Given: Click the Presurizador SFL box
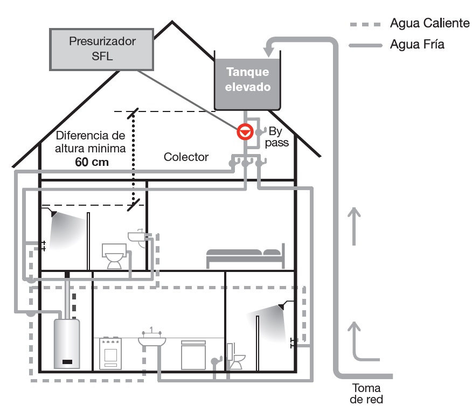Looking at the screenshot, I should pyautogui.click(x=102, y=49).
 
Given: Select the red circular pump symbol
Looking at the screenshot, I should pyautogui.click(x=245, y=131).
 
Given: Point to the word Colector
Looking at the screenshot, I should pyautogui.click(x=186, y=157).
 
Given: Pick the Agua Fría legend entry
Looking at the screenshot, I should pyautogui.click(x=417, y=45).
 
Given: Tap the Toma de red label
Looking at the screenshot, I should pyautogui.click(x=366, y=394).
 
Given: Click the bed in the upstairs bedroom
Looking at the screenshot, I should pyautogui.click(x=245, y=256).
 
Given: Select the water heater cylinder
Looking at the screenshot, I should pyautogui.click(x=67, y=343).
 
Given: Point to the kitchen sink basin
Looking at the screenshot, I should pyautogui.click(x=152, y=340).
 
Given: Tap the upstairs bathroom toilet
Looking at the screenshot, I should pyautogui.click(x=114, y=257).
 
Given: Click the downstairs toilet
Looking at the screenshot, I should pyautogui.click(x=235, y=359).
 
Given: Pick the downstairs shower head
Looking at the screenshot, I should pyautogui.click(x=281, y=306).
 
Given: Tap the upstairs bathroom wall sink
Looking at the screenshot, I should pyautogui.click(x=138, y=238).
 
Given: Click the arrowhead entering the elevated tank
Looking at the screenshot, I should pyautogui.click(x=268, y=51).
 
